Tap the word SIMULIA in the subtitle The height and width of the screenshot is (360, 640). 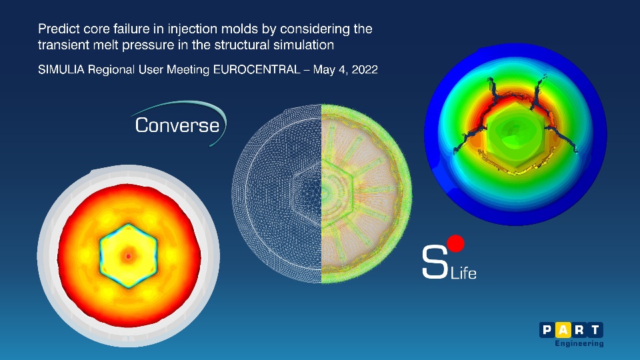coord(61,69)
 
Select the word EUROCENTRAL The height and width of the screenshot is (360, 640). coord(257,69)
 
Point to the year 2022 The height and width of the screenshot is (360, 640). coord(365,69)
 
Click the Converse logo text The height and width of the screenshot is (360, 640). coord(177,125)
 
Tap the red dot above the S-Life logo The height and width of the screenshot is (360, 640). coord(455,244)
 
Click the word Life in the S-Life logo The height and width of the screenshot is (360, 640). coord(463,273)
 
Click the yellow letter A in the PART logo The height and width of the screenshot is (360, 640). coord(563,330)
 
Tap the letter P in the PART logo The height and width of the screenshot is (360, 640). coord(547,330)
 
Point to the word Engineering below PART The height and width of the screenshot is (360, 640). coord(579,344)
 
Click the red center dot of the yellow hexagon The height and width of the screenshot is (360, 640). coord(129,256)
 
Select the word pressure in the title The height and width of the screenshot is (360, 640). coord(148,45)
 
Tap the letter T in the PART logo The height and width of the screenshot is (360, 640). coord(595,330)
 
